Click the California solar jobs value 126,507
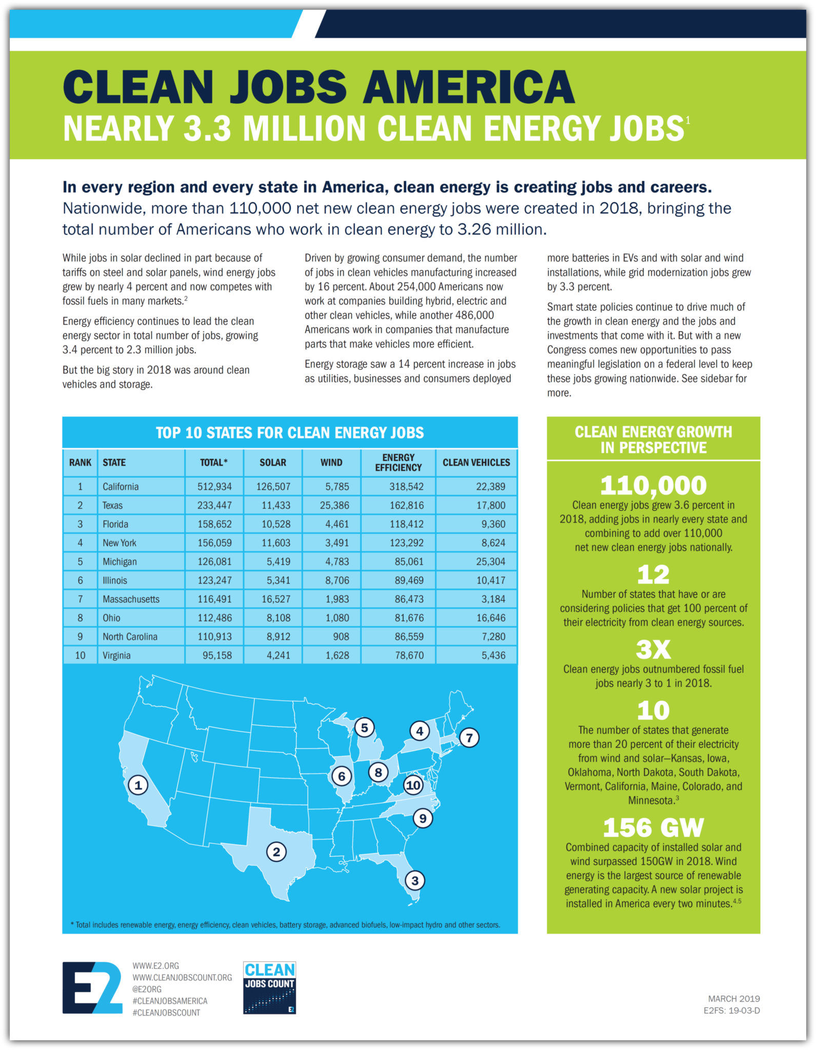tap(273, 487)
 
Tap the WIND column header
tap(331, 462)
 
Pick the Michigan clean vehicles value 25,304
tap(490, 561)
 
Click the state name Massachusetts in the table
tap(131, 599)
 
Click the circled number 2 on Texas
tap(276, 852)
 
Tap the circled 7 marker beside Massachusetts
tap(469, 738)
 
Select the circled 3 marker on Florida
tap(415, 881)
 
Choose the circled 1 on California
tap(138, 784)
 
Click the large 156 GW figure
tap(653, 827)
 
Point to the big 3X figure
tap(653, 649)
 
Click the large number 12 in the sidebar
tap(653, 574)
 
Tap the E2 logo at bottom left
tap(92, 987)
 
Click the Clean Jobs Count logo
tap(269, 987)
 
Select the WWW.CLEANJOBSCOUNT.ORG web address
tap(182, 978)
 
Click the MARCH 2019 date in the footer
tap(733, 999)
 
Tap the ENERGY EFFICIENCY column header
tap(398, 462)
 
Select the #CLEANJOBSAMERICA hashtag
tap(170, 1001)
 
